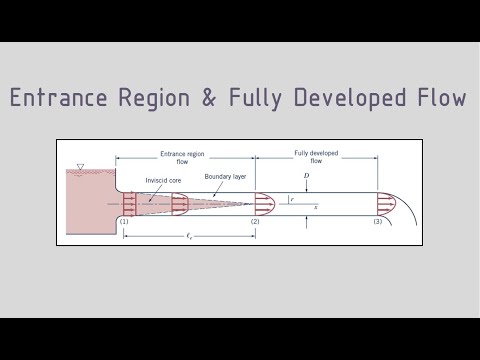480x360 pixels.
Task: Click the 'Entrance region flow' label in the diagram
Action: click(x=182, y=157)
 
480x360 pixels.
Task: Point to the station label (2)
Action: click(x=255, y=221)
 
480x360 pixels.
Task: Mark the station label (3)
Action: click(x=377, y=221)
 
